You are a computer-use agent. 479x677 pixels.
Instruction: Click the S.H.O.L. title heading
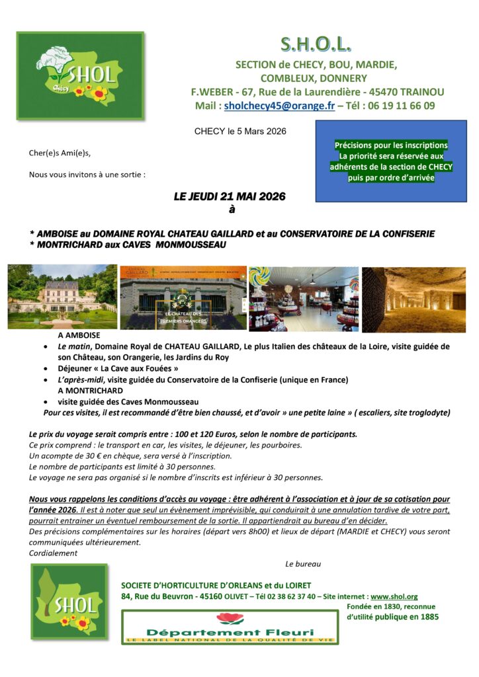[316, 44]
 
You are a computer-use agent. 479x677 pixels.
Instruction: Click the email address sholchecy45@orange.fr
[279, 106]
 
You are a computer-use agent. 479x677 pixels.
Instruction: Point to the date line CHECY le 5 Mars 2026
[240, 132]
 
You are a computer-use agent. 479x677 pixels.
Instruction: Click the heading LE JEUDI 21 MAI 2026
[230, 196]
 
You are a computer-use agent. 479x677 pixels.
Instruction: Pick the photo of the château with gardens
[62, 298]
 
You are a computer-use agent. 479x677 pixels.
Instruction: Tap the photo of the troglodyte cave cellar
[414, 298]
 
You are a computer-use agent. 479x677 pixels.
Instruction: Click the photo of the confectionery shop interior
[304, 298]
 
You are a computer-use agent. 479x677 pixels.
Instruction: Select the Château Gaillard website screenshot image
[183, 298]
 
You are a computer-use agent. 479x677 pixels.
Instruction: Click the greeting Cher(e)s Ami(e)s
[60, 153]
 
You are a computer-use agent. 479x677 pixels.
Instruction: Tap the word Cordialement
[54, 553]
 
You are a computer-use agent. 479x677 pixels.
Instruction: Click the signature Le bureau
[303, 564]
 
